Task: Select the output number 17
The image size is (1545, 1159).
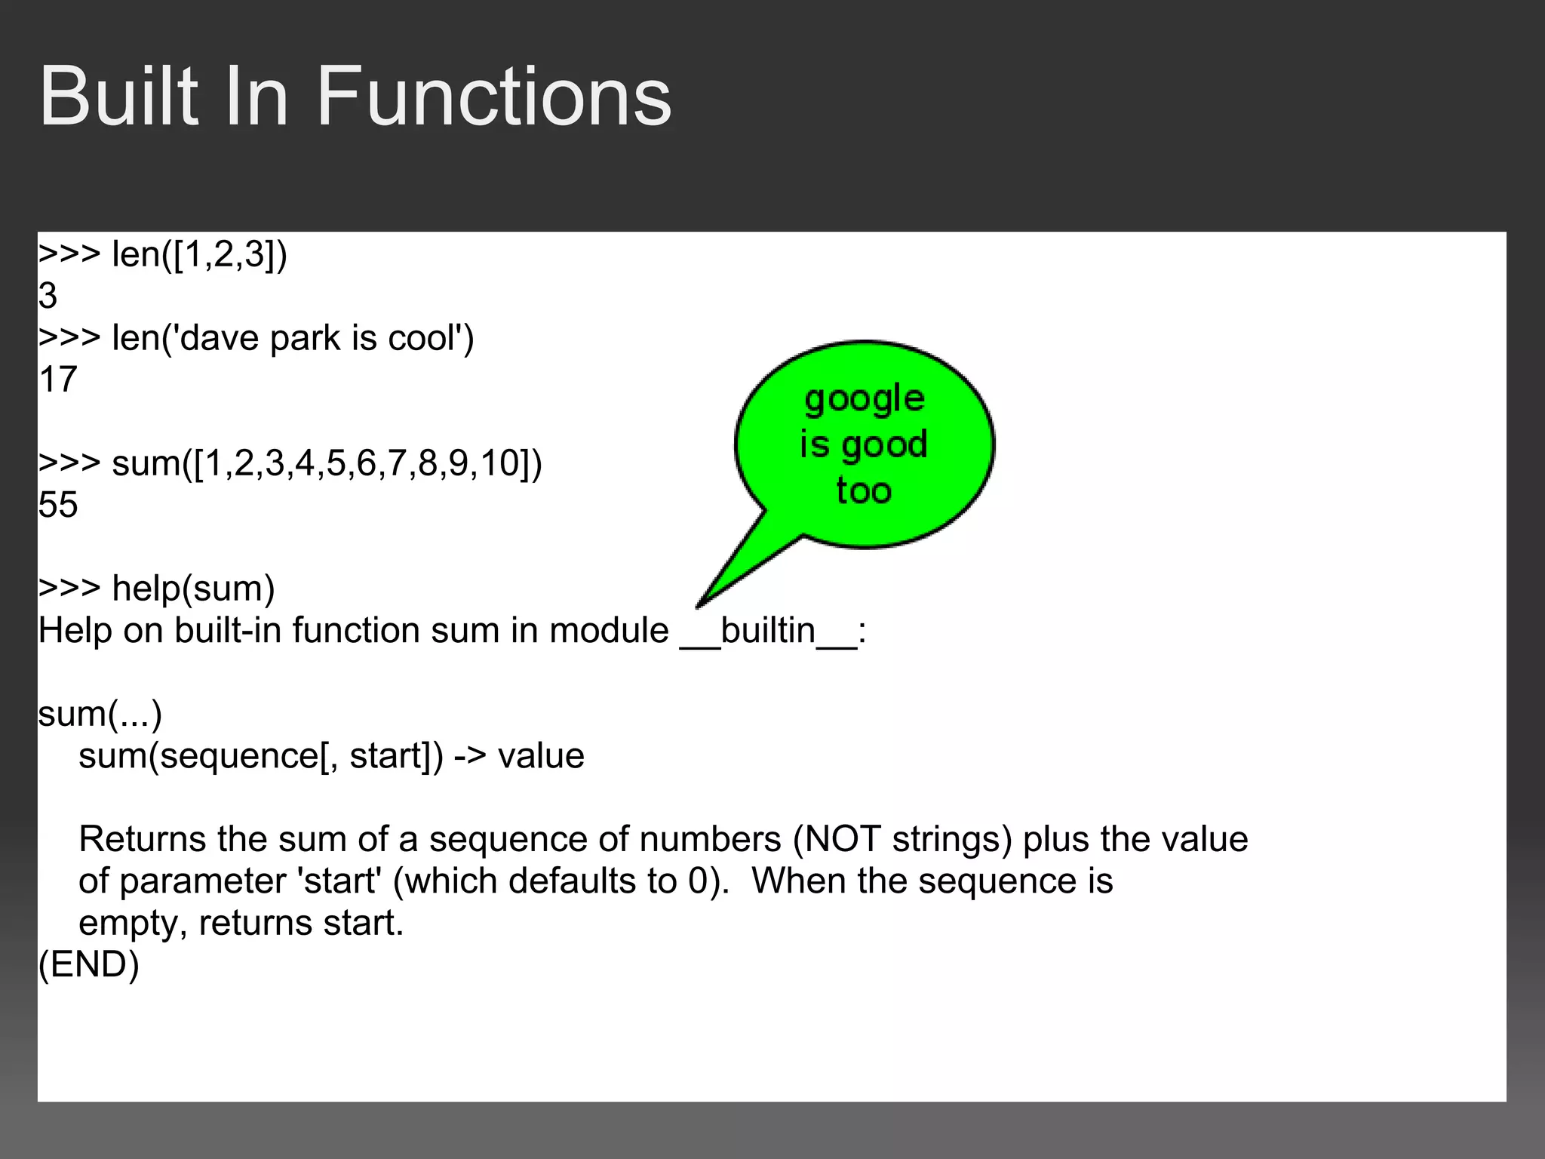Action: [58, 380]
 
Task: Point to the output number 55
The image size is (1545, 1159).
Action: [58, 505]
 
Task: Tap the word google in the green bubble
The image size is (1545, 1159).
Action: [865, 399]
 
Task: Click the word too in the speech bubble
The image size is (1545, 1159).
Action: [865, 491]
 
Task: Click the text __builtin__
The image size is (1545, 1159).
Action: [769, 630]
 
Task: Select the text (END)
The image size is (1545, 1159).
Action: [89, 964]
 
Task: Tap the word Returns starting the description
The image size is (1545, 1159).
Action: [142, 839]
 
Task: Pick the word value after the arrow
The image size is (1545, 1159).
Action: [541, 756]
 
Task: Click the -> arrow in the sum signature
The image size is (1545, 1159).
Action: [470, 756]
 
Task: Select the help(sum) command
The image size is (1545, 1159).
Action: [193, 589]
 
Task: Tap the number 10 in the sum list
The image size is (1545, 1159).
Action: [498, 463]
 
